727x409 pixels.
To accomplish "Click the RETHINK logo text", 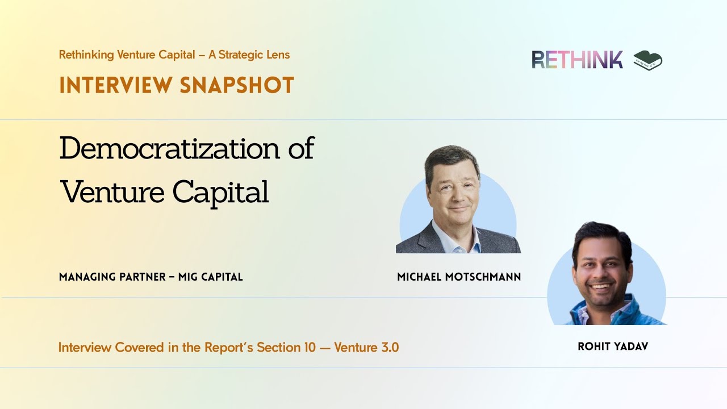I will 577,60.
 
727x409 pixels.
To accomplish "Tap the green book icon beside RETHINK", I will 648,60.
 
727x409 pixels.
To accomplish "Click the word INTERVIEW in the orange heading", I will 114,85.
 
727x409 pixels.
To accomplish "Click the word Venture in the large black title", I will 113,192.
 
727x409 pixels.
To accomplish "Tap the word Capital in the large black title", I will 220,193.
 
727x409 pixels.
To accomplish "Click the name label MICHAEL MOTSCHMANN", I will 459,277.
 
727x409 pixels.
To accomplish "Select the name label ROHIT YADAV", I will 613,347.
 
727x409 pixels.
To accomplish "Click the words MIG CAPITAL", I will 210,277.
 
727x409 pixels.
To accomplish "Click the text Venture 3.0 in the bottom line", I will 366,347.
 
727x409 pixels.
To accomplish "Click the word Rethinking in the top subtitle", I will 86,55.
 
